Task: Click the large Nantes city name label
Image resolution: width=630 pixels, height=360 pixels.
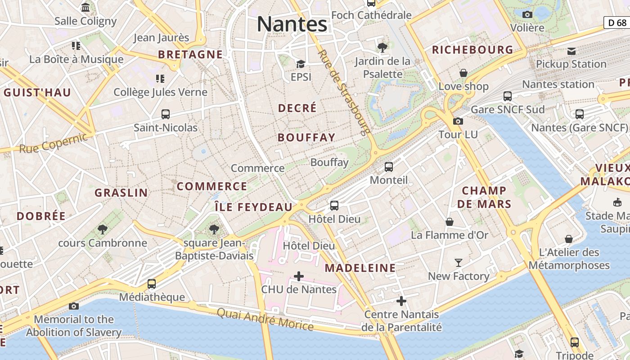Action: (292, 24)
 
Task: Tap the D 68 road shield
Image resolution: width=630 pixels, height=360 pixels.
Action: (617, 22)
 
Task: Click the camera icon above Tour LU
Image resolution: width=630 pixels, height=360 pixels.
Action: (458, 121)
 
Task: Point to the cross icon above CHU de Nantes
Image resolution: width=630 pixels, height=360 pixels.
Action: (298, 276)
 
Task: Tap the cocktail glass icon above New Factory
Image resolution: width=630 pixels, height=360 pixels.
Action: (459, 262)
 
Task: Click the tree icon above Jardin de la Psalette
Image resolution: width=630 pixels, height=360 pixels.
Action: (382, 47)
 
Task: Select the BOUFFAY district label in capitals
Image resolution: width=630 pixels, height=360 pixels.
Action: (306, 138)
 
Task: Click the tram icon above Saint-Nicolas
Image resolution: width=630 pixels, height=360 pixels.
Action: (166, 114)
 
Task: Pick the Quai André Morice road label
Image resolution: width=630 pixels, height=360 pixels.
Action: (265, 319)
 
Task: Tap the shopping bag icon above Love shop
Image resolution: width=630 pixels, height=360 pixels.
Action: (463, 73)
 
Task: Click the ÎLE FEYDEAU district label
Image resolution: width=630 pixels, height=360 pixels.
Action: (253, 207)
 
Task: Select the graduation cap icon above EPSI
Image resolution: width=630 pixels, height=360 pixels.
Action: (301, 64)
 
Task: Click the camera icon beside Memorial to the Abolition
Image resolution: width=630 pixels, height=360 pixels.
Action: (74, 306)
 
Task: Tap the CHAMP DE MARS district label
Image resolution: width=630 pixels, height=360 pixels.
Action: (484, 197)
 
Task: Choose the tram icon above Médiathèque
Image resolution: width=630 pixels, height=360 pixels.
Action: (152, 284)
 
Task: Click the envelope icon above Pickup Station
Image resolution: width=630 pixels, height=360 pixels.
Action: (571, 51)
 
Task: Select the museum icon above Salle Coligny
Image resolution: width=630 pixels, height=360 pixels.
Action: (85, 8)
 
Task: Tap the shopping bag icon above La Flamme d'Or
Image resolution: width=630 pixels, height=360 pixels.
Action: (449, 221)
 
